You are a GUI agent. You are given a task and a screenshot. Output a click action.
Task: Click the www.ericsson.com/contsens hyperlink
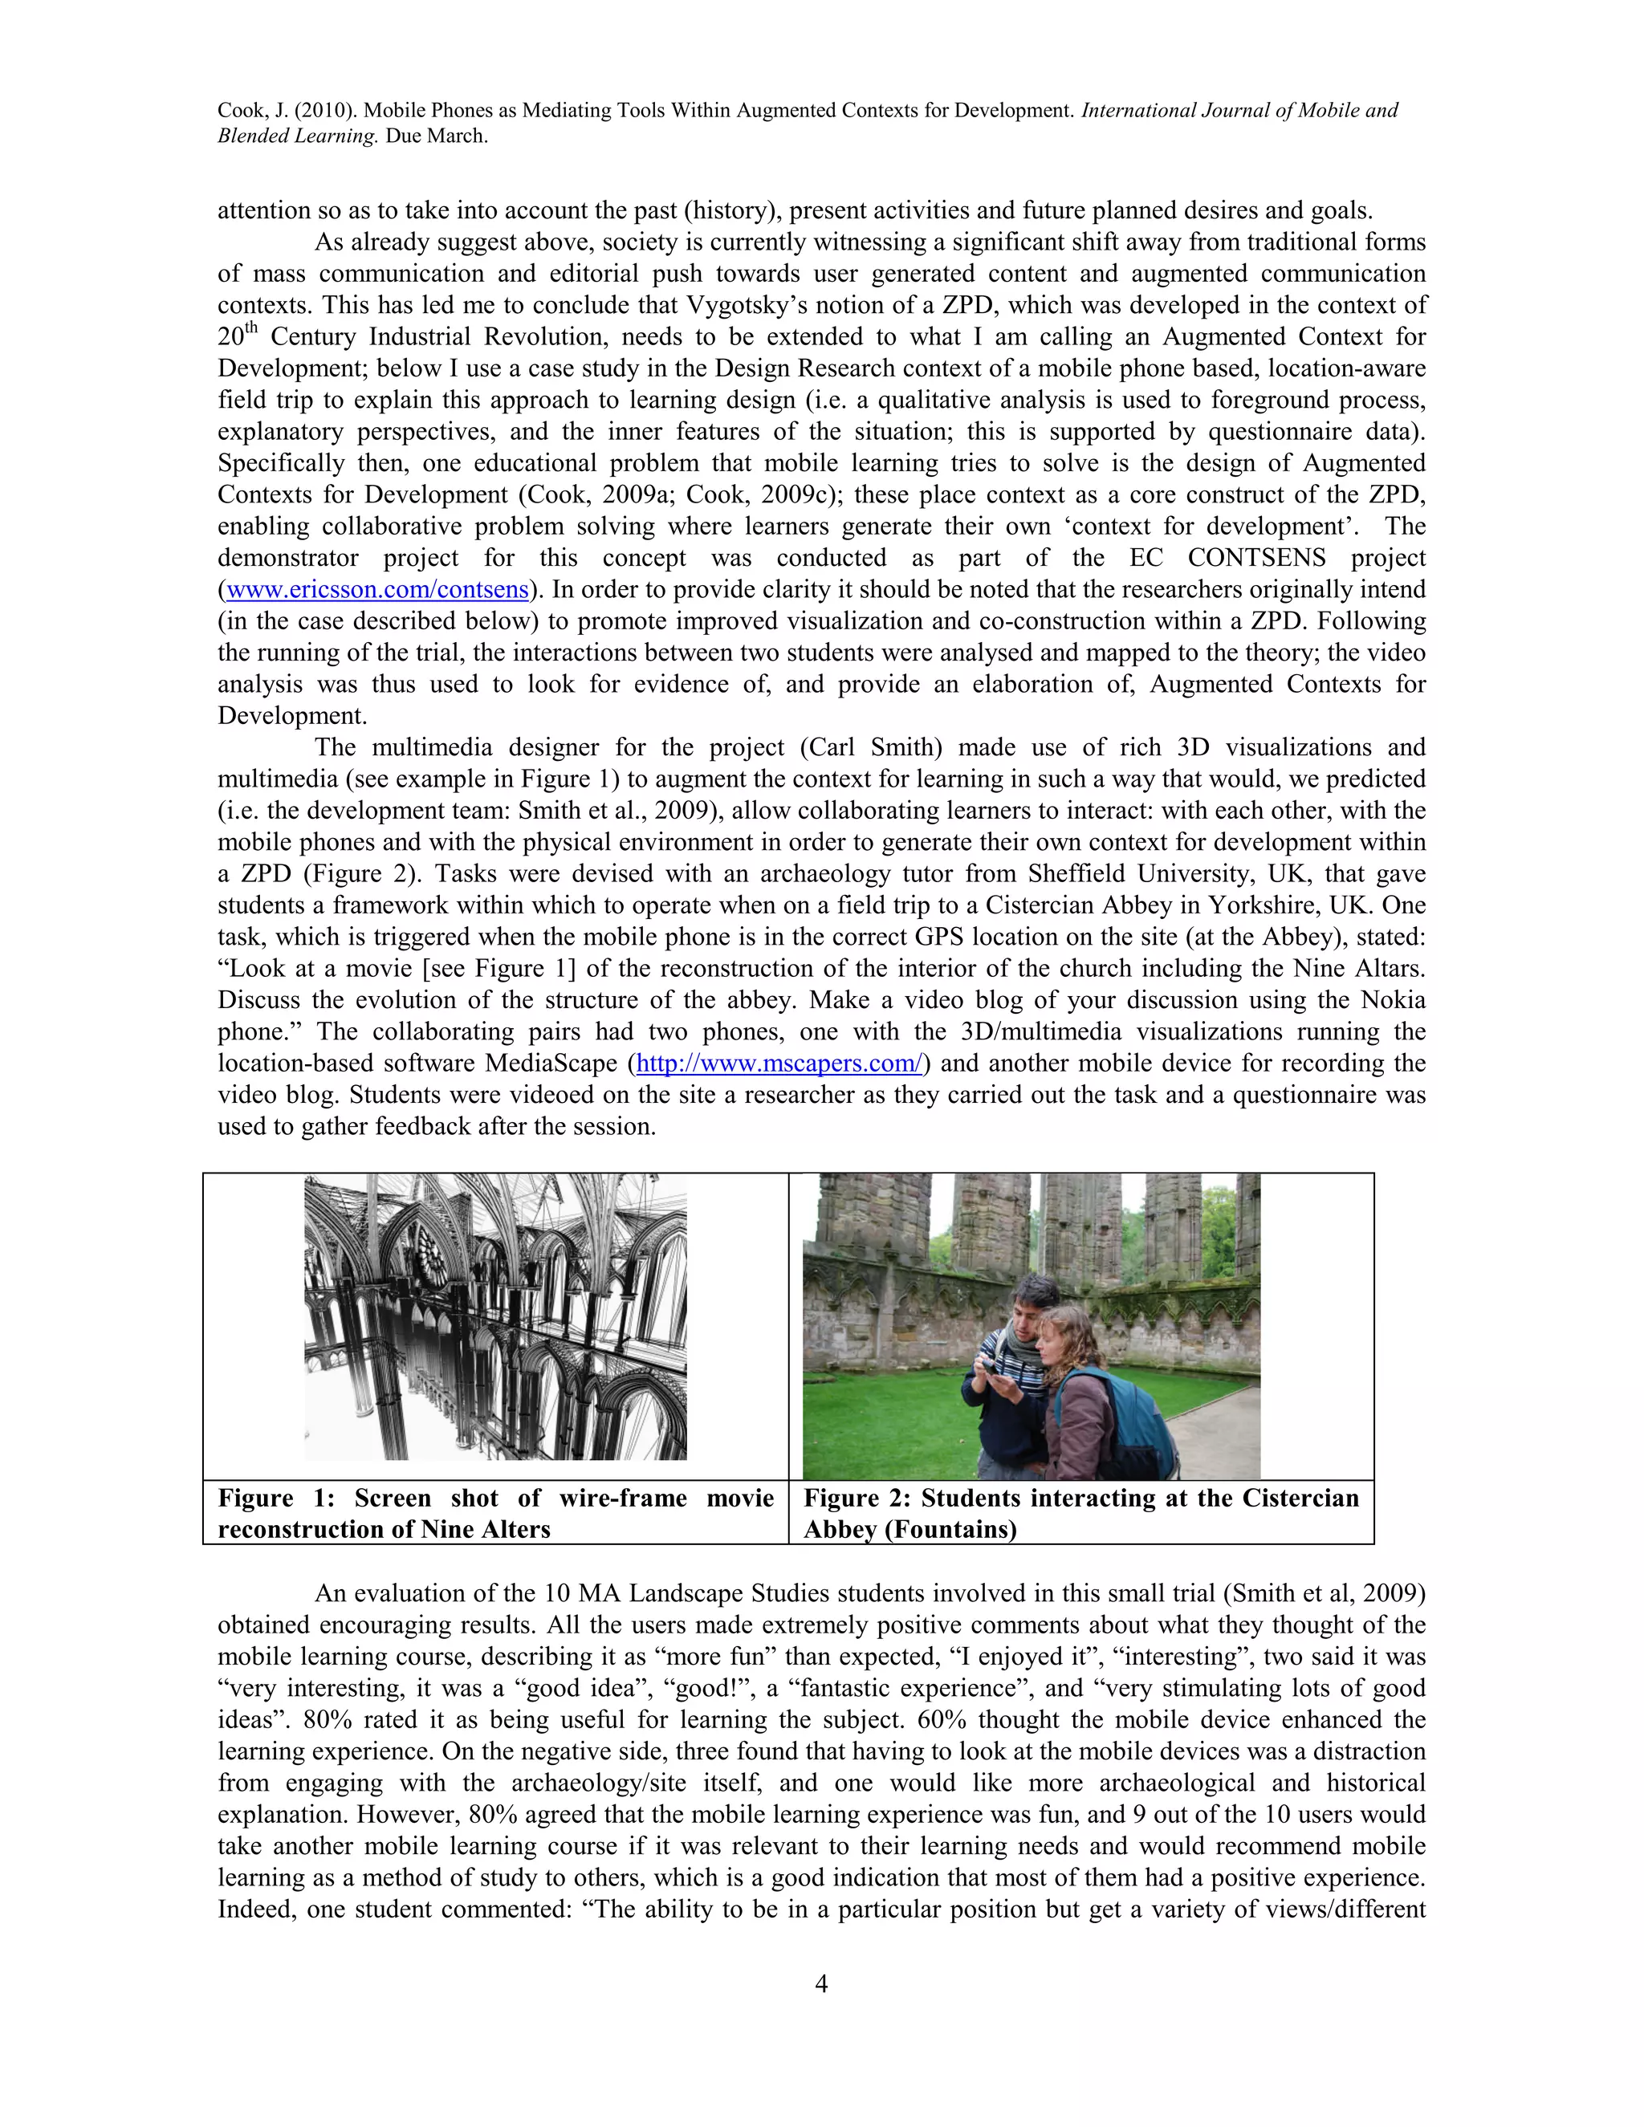377,590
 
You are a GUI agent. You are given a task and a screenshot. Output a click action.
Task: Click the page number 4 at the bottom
821,1984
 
